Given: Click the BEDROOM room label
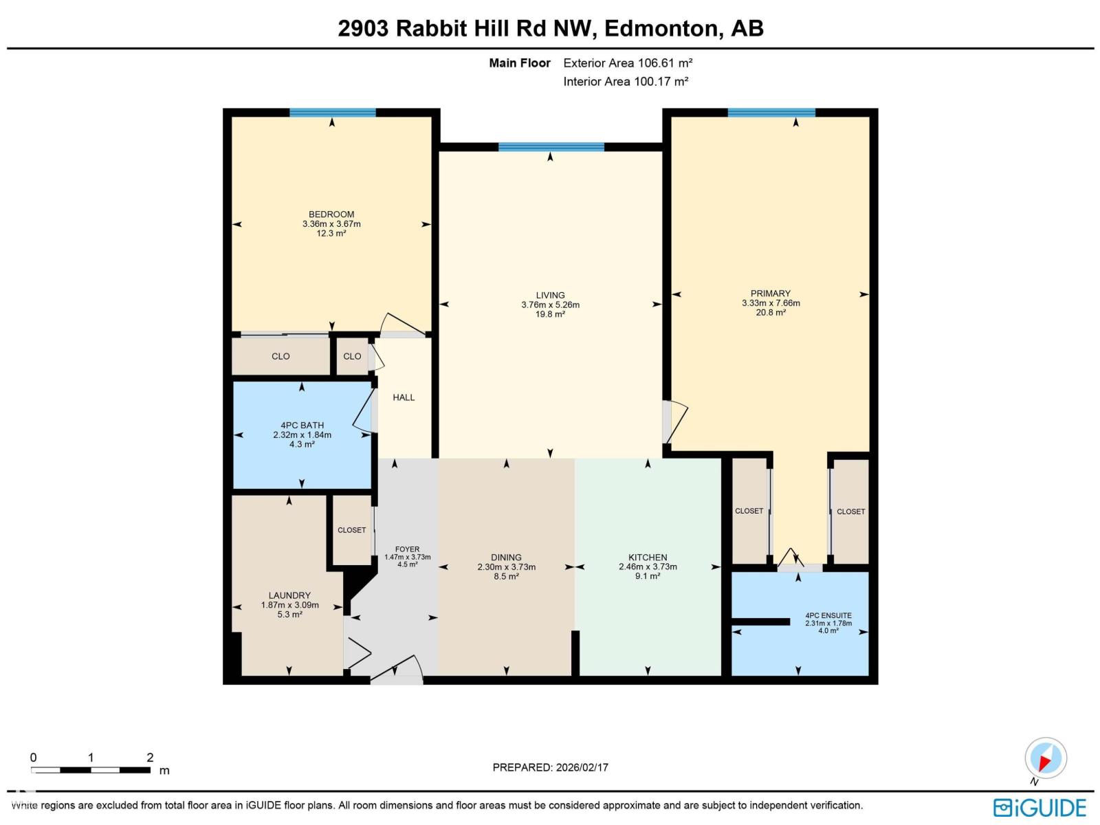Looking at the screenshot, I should (331, 214).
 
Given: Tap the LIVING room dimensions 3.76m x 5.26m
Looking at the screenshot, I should (550, 305).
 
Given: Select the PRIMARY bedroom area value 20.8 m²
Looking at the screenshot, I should (771, 312).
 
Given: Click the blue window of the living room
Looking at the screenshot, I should (551, 146).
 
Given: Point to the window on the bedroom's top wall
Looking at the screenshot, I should (332, 113).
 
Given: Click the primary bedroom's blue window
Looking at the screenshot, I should (771, 113).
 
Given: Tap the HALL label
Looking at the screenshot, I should (404, 397).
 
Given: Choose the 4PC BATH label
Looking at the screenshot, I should (302, 426).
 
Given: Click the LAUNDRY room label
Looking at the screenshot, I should (289, 595).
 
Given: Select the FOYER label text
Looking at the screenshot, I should (407, 549).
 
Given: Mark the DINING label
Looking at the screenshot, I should (506, 558).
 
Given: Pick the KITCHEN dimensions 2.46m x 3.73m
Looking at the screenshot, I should (648, 567).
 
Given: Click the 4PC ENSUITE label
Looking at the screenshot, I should (828, 616).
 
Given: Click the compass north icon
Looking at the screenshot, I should (1045, 759).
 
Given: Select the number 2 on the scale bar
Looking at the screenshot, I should (150, 758).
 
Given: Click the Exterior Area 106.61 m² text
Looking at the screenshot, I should (628, 63).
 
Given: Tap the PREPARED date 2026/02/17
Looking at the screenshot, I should (582, 767).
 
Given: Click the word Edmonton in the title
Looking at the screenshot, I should (662, 28).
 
